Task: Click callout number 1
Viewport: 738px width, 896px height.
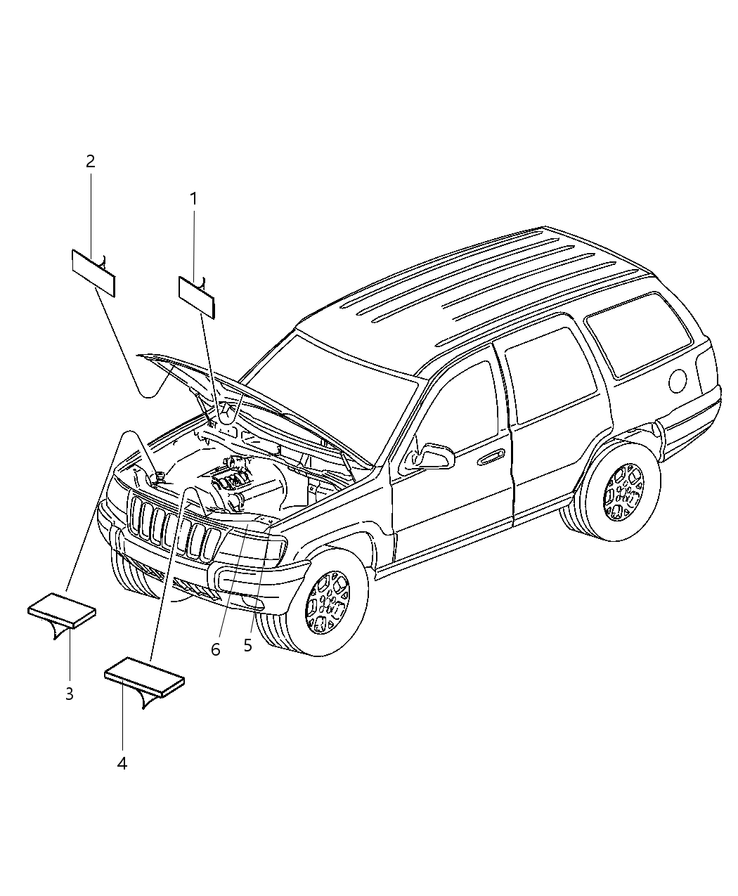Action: click(193, 200)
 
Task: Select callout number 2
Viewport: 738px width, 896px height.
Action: click(90, 162)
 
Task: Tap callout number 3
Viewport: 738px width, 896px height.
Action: click(69, 694)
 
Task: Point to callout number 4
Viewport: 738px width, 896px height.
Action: click(122, 762)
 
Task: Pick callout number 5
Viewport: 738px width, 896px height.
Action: click(247, 646)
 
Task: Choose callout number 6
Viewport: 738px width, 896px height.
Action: click(215, 650)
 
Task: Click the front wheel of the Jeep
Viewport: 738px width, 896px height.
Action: click(328, 603)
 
